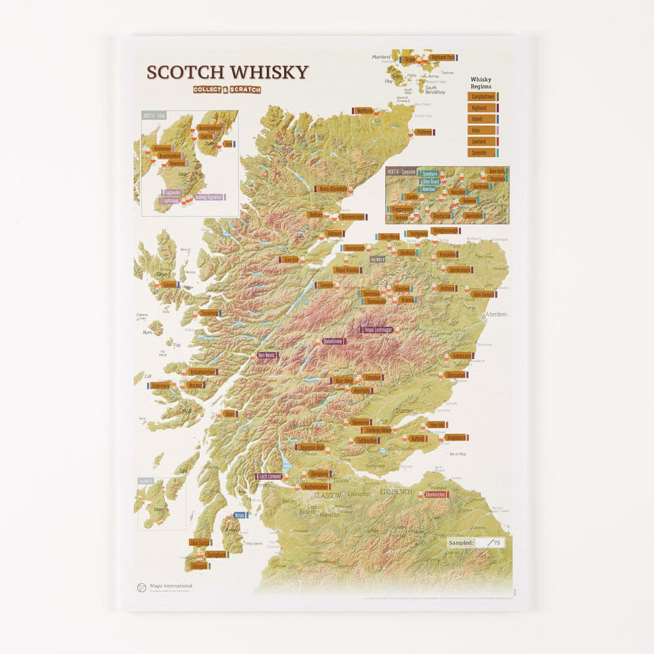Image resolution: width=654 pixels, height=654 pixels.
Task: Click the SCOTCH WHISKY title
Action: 227,72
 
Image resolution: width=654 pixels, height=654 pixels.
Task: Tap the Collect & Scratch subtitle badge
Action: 227,90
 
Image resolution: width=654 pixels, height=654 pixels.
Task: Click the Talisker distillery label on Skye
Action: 169,285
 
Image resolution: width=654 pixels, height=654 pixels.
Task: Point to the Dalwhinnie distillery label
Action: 334,342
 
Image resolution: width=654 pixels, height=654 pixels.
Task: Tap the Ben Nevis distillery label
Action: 267,355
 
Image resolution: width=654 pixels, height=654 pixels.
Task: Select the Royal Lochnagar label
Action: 378,330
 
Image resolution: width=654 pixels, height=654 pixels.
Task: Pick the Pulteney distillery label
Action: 423,132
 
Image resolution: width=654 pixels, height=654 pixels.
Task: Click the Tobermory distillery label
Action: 160,386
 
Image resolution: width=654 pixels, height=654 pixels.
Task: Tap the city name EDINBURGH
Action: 396,492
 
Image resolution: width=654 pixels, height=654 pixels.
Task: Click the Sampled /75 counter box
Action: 475,542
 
